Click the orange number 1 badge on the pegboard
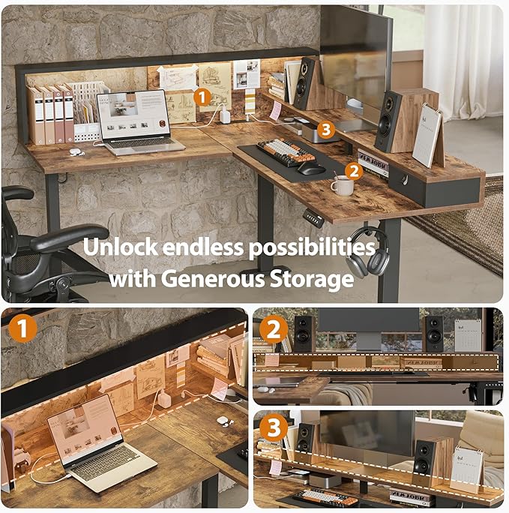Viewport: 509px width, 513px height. pyautogui.click(x=201, y=96)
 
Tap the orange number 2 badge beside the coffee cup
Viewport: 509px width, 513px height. pyautogui.click(x=355, y=171)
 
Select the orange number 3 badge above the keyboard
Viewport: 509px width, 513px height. pyautogui.click(x=325, y=130)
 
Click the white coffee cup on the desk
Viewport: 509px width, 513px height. pyautogui.click(x=342, y=185)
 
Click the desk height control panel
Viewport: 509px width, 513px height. pyautogui.click(x=313, y=219)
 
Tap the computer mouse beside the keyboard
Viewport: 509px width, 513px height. pyautogui.click(x=310, y=168)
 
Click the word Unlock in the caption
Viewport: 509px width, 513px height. pyautogui.click(x=120, y=247)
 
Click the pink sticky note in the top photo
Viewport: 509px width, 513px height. pyautogui.click(x=275, y=110)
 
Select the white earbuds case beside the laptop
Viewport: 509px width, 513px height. pyautogui.click(x=75, y=151)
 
